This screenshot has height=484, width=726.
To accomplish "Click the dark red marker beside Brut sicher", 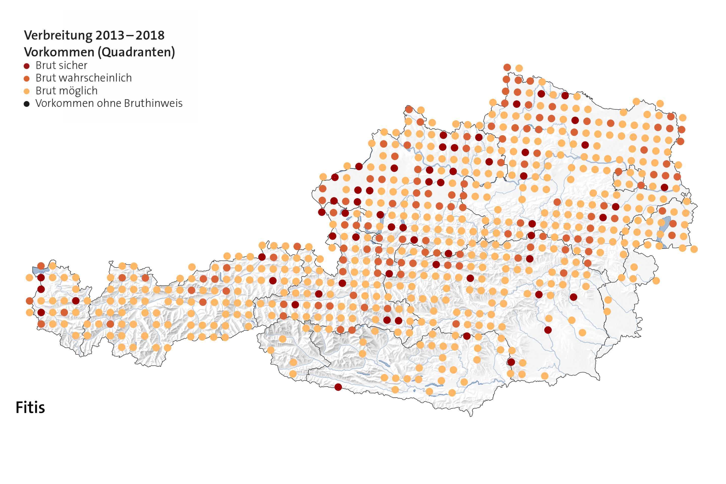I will click(26, 66).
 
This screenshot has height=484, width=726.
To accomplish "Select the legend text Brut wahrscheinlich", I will click(84, 78).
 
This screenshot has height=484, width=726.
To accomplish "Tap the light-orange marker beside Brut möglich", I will click(26, 91).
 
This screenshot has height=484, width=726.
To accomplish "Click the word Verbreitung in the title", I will click(58, 35).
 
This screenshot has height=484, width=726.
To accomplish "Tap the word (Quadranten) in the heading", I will click(136, 52).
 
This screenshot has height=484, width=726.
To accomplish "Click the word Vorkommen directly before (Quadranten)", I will click(59, 52).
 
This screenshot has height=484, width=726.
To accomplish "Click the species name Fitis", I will click(30, 408).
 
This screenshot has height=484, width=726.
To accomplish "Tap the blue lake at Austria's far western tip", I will click(39, 270).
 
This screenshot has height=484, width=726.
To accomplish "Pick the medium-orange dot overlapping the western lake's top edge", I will click(41, 266).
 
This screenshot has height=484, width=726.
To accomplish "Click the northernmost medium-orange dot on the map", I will click(507, 67).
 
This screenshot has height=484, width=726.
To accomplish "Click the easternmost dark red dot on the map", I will click(664, 187).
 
